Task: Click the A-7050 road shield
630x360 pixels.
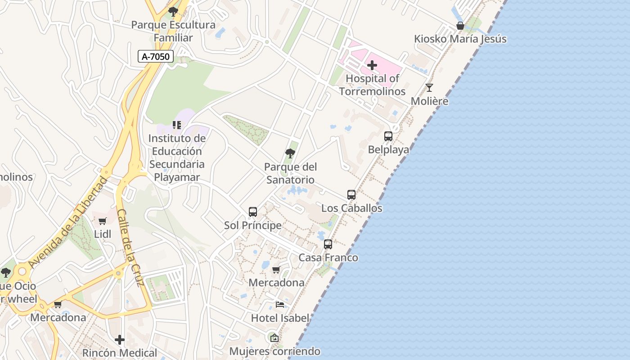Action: click(x=156, y=56)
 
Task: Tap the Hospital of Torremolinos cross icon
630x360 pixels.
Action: click(x=372, y=66)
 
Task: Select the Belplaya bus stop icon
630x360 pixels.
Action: click(x=388, y=136)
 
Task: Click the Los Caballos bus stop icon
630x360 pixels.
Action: click(x=351, y=195)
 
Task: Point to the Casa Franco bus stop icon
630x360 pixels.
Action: click(x=328, y=244)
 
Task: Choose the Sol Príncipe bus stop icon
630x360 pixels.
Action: click(x=253, y=211)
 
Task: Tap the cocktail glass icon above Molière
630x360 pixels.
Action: click(x=429, y=87)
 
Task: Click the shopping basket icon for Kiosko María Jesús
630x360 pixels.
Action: click(x=460, y=26)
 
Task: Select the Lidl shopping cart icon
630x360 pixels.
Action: click(x=103, y=221)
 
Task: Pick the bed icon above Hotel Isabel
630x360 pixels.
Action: click(x=280, y=305)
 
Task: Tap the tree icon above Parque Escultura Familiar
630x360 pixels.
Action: click(x=173, y=12)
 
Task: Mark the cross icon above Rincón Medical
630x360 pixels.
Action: click(x=120, y=339)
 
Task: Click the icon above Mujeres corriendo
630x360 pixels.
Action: click(x=274, y=338)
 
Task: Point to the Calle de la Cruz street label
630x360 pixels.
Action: click(x=130, y=247)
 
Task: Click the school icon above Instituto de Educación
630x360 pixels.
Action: click(x=176, y=125)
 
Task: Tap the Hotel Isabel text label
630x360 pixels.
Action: click(x=280, y=318)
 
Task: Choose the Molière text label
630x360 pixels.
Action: click(x=429, y=101)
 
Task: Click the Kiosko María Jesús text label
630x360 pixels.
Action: click(x=460, y=39)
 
